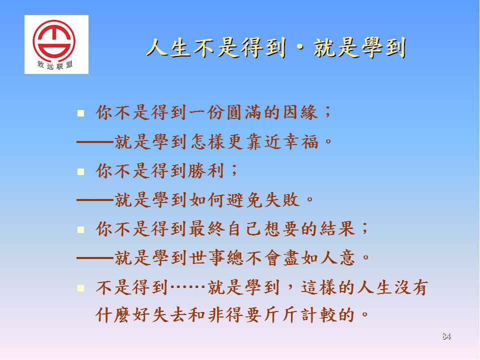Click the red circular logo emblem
coord(54,40)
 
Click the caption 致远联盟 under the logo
coord(55,65)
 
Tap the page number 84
coord(446,336)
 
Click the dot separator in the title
coord(300,48)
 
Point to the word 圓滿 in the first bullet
coord(244,112)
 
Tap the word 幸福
coord(301,142)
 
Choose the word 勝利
coord(205,171)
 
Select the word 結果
coord(337,229)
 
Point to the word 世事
coord(206,258)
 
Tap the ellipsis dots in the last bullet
coord(187,287)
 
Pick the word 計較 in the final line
coord(319,314)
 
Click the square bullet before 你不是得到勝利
coord(81,171)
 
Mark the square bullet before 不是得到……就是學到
coord(81,288)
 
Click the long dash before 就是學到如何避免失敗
coord(95,200)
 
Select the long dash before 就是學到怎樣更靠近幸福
coord(95,142)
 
